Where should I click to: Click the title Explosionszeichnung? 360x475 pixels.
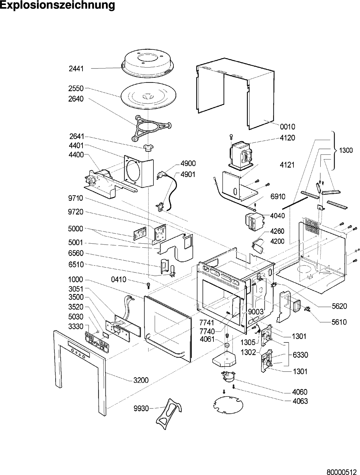coord(57,5)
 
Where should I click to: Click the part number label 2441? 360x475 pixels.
coord(76,68)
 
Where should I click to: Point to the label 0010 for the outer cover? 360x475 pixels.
coord(287,127)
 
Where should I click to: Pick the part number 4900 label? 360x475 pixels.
coord(188,164)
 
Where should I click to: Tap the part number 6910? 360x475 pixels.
coord(278,196)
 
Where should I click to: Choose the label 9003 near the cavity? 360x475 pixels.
coord(256,312)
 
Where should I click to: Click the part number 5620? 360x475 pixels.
coord(339,306)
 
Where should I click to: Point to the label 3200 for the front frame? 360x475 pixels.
coord(141,380)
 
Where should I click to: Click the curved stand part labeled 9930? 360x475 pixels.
coord(169,411)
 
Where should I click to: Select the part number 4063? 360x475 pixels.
coord(300,401)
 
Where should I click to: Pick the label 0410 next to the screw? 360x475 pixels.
coord(119,280)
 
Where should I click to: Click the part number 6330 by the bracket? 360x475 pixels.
coord(300,355)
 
